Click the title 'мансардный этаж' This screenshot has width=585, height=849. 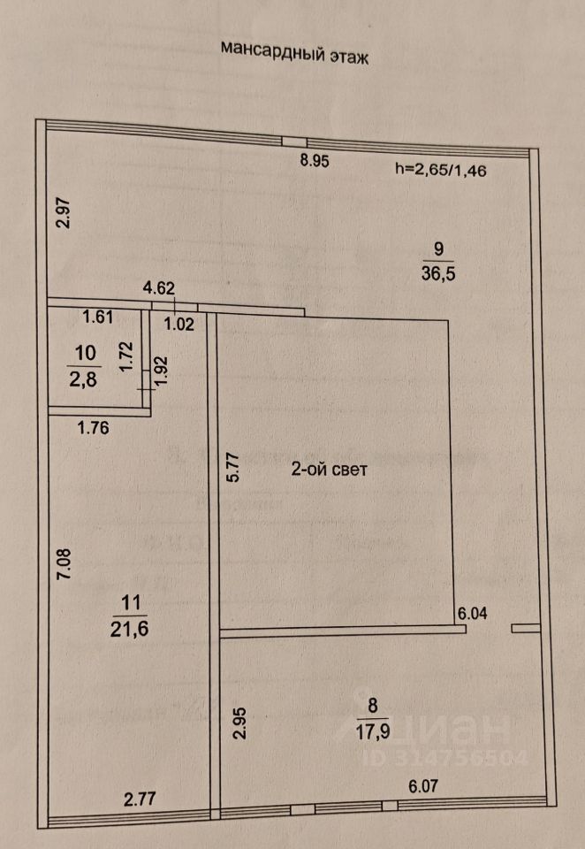tap(292, 52)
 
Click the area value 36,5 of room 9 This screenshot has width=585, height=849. tap(439, 274)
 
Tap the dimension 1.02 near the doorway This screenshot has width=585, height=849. tap(179, 323)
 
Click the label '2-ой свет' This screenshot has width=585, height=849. tap(330, 470)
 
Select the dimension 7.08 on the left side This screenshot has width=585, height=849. tap(61, 564)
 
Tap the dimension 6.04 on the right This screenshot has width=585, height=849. tap(472, 611)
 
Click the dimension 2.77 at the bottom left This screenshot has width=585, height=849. tap(141, 799)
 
